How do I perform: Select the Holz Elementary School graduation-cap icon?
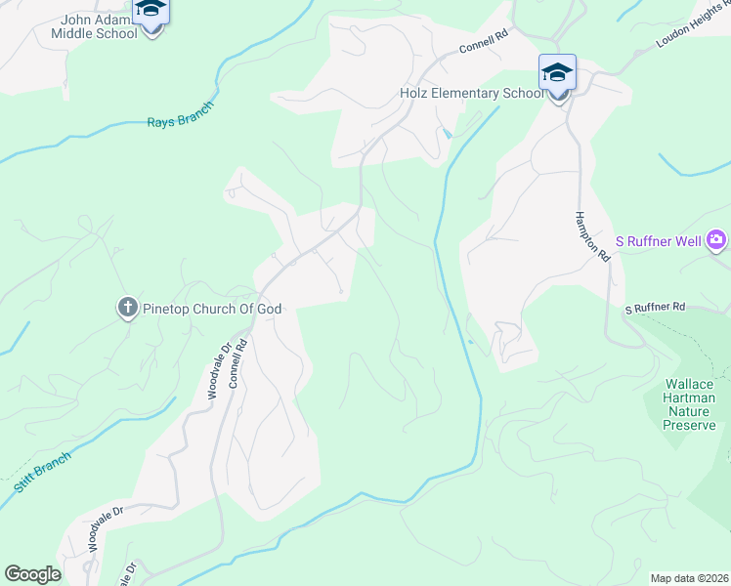[x=557, y=74]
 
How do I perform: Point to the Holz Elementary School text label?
[x=471, y=94]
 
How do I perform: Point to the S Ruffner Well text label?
[x=659, y=239]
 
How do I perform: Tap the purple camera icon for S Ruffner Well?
[x=717, y=239]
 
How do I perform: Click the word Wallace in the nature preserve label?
[x=690, y=385]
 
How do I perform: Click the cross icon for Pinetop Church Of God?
[x=127, y=309]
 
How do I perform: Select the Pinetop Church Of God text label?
[x=211, y=309]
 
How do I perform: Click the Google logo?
[x=33, y=574]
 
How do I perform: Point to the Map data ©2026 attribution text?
[x=689, y=578]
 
